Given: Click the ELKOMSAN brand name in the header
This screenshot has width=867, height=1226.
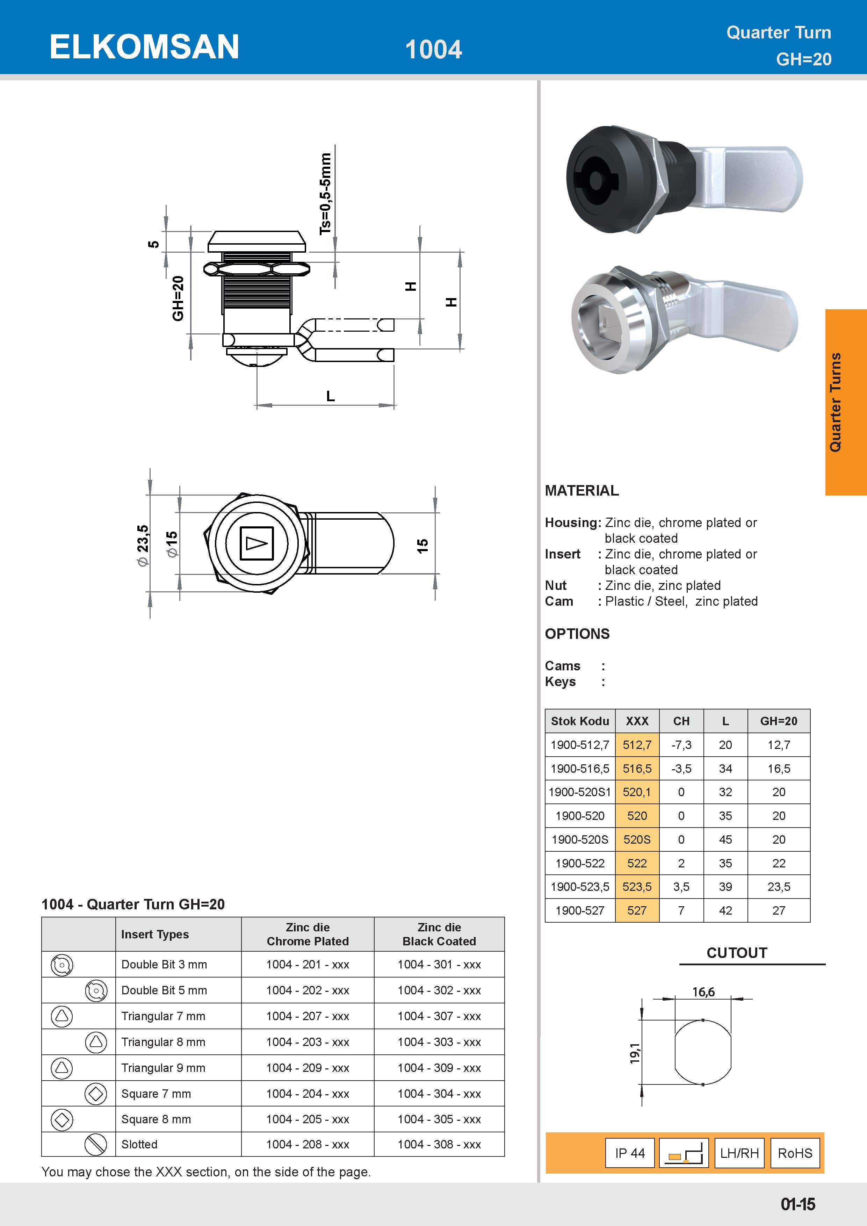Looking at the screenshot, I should pos(144,47).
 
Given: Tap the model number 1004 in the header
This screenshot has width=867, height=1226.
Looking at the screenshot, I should pos(433,50).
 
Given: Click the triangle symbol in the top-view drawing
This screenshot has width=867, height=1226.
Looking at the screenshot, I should pos(256,543).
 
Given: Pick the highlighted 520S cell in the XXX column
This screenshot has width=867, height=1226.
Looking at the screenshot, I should pos(637,839).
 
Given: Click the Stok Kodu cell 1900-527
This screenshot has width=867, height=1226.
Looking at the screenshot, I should pos(580,910).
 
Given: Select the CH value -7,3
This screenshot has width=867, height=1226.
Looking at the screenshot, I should pos(681,745).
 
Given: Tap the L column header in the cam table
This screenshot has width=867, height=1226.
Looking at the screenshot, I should pos(725,721).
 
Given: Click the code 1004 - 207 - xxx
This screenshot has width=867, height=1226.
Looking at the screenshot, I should pos(308,1016).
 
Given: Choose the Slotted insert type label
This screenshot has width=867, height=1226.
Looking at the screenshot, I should pos(139,1144).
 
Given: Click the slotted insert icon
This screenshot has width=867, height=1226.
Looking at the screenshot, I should pos(96,1144).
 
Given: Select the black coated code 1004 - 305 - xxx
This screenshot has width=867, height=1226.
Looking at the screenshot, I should pos(439,1119).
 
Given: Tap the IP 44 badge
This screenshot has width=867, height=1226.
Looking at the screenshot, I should pos(630,1153).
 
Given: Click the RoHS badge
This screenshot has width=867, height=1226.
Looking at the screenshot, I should pos(794,1153).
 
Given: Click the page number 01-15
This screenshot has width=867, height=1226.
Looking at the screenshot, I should pos(797,1204).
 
